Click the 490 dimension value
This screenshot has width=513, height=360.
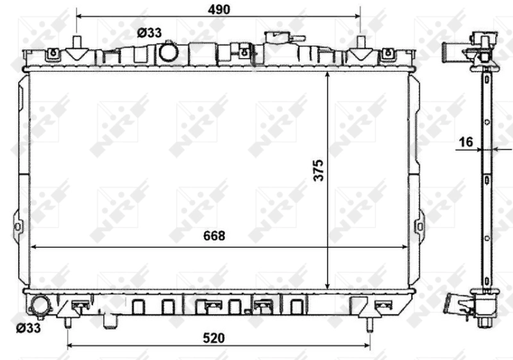click(219, 10)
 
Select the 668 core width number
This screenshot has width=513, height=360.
click(214, 236)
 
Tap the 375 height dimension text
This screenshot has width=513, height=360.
click(318, 170)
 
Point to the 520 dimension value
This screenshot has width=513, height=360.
click(214, 338)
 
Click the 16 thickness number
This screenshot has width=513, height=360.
click(466, 142)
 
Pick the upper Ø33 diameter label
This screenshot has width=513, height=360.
click(149, 33)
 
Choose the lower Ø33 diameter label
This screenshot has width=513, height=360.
click(28, 328)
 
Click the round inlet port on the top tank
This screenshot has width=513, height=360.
click(169, 53)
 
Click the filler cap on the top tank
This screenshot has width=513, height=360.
click(284, 37)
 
